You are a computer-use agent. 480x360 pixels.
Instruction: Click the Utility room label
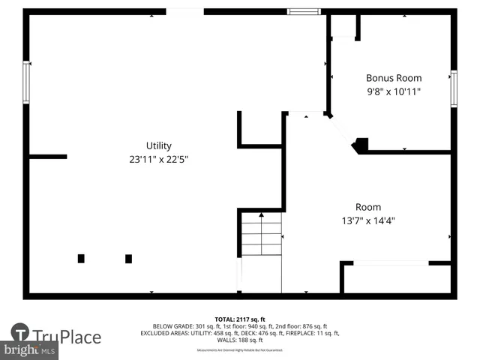(158, 145)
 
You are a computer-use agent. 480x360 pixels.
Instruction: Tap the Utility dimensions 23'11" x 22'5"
(158, 159)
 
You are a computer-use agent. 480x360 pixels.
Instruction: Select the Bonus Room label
(393, 78)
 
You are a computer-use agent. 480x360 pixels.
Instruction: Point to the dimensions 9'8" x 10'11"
(393, 91)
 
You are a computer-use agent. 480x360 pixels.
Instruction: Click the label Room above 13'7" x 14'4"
(367, 207)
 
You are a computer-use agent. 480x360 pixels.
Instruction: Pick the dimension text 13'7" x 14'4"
(367, 220)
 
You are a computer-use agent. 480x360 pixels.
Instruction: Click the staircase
(261, 235)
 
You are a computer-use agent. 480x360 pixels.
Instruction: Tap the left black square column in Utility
(81, 259)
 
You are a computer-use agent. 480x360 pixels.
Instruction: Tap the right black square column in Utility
(128, 259)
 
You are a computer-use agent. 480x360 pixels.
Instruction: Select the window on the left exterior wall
(26, 82)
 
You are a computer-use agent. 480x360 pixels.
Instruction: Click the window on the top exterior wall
(304, 11)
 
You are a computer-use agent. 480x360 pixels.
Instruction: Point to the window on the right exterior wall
(454, 88)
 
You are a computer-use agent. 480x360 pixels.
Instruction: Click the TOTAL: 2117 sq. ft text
(240, 319)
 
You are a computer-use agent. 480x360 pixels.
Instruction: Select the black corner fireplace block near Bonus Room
(361, 145)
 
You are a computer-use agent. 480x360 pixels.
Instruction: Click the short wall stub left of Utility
(48, 157)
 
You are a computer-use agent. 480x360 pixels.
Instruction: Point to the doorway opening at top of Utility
(184, 11)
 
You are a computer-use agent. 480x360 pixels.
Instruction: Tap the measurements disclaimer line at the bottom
(240, 350)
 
